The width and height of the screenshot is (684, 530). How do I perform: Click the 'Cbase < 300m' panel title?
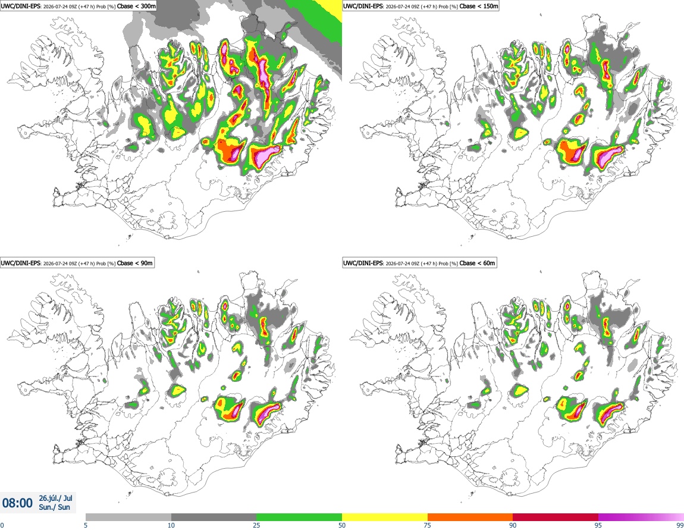(137, 6)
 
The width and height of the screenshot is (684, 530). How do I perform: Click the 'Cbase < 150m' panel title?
(479, 6)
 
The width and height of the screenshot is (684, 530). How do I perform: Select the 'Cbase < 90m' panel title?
(135, 263)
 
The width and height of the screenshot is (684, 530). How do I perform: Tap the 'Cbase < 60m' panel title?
(477, 263)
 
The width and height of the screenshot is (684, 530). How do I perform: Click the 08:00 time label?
(17, 503)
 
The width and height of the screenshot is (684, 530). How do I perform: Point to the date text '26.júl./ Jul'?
(55, 498)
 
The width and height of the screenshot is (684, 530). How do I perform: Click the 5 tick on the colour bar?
(86, 525)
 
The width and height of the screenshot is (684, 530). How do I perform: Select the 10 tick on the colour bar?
(171, 525)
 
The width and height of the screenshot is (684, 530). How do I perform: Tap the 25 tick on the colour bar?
(256, 525)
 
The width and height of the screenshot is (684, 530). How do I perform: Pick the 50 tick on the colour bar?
(342, 525)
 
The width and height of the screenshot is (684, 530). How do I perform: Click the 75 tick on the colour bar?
(428, 525)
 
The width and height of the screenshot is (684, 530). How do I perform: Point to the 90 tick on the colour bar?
(513, 525)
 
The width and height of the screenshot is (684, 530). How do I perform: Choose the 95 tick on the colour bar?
(598, 525)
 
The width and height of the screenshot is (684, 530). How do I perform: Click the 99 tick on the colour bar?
(680, 525)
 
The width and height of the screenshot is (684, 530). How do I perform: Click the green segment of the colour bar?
(299, 518)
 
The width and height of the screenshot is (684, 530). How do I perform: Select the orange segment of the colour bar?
(470, 518)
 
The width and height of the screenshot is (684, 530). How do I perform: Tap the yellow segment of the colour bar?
(385, 518)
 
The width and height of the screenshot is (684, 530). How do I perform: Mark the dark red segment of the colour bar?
(556, 518)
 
